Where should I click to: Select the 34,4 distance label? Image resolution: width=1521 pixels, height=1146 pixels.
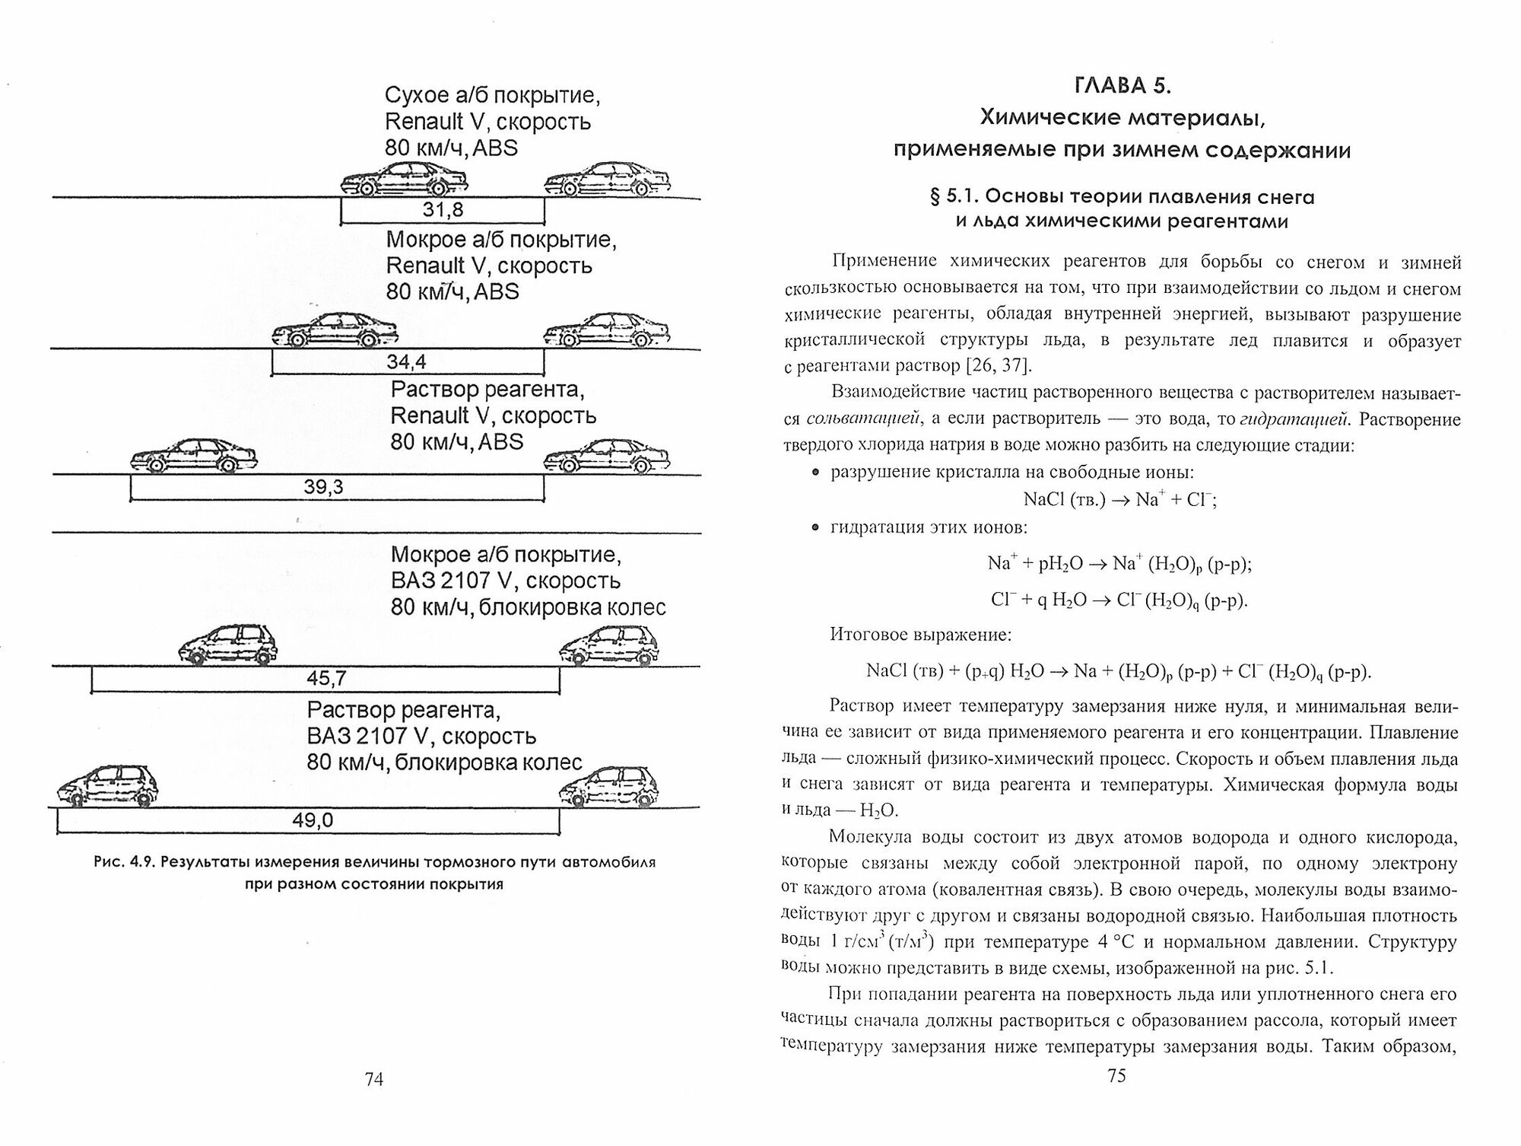point(406,361)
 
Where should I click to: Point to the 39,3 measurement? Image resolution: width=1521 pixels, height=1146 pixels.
point(323,487)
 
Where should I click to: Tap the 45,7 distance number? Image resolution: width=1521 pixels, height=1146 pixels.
point(326,678)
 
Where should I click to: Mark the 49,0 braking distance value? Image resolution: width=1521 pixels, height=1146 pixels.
point(313,820)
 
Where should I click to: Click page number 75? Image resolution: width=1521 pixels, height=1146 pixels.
point(1116,1075)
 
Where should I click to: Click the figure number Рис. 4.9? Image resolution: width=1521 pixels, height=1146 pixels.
point(124,863)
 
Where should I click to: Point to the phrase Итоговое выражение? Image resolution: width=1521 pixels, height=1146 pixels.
point(920,634)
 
